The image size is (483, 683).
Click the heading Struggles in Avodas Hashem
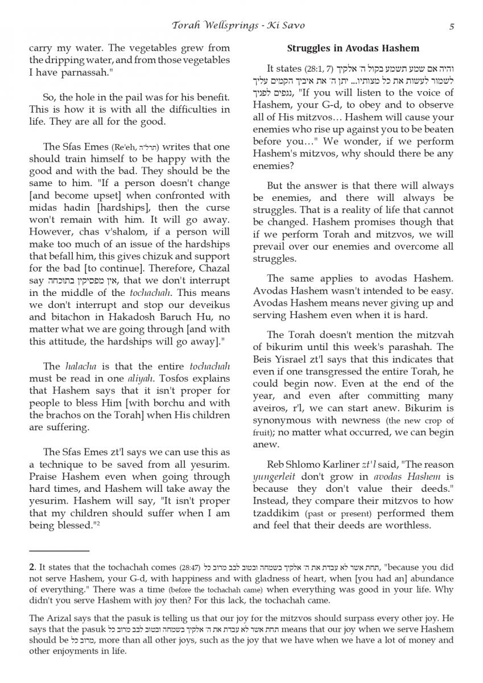[x=353, y=48]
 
